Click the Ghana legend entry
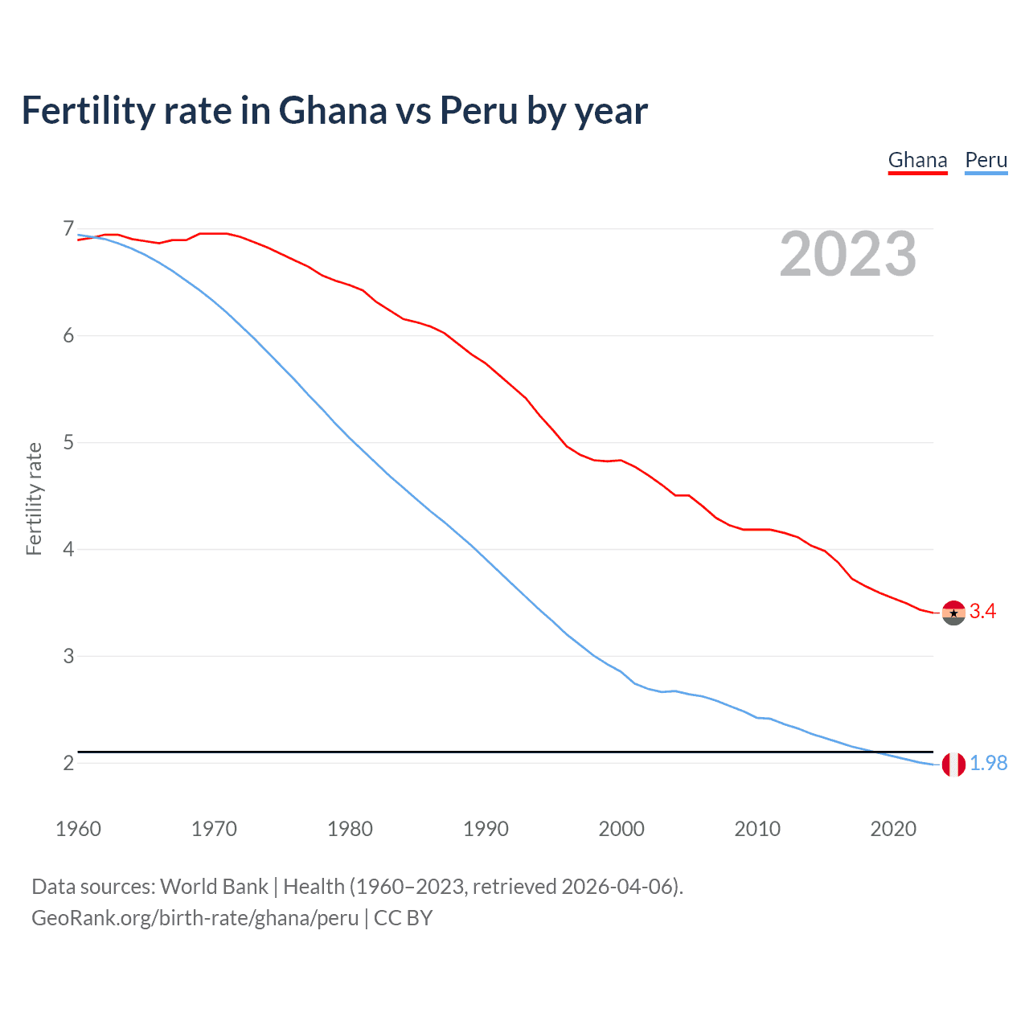pyautogui.click(x=917, y=160)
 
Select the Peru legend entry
pyautogui.click(x=986, y=160)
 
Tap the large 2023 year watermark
pyautogui.click(x=847, y=254)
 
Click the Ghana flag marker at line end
pyautogui.click(x=953, y=613)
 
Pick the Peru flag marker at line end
pyautogui.click(x=953, y=765)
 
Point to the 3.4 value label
pyautogui.click(x=982, y=612)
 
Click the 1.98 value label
pyautogui.click(x=988, y=764)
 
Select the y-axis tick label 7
pyautogui.click(x=68, y=229)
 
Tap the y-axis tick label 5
pyautogui.click(x=68, y=443)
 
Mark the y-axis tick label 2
pyautogui.click(x=68, y=764)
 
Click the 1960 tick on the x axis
pyautogui.click(x=78, y=829)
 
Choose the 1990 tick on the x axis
pyautogui.click(x=486, y=829)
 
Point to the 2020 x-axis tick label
pyautogui.click(x=893, y=829)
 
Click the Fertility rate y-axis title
pyautogui.click(x=34, y=498)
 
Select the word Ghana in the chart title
pyautogui.click(x=332, y=111)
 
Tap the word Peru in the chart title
pyautogui.click(x=478, y=111)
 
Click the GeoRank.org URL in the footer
pyautogui.click(x=195, y=918)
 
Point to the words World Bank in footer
pyautogui.click(x=214, y=887)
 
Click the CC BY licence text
pyautogui.click(x=403, y=918)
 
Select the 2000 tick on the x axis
pyautogui.click(x=621, y=829)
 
